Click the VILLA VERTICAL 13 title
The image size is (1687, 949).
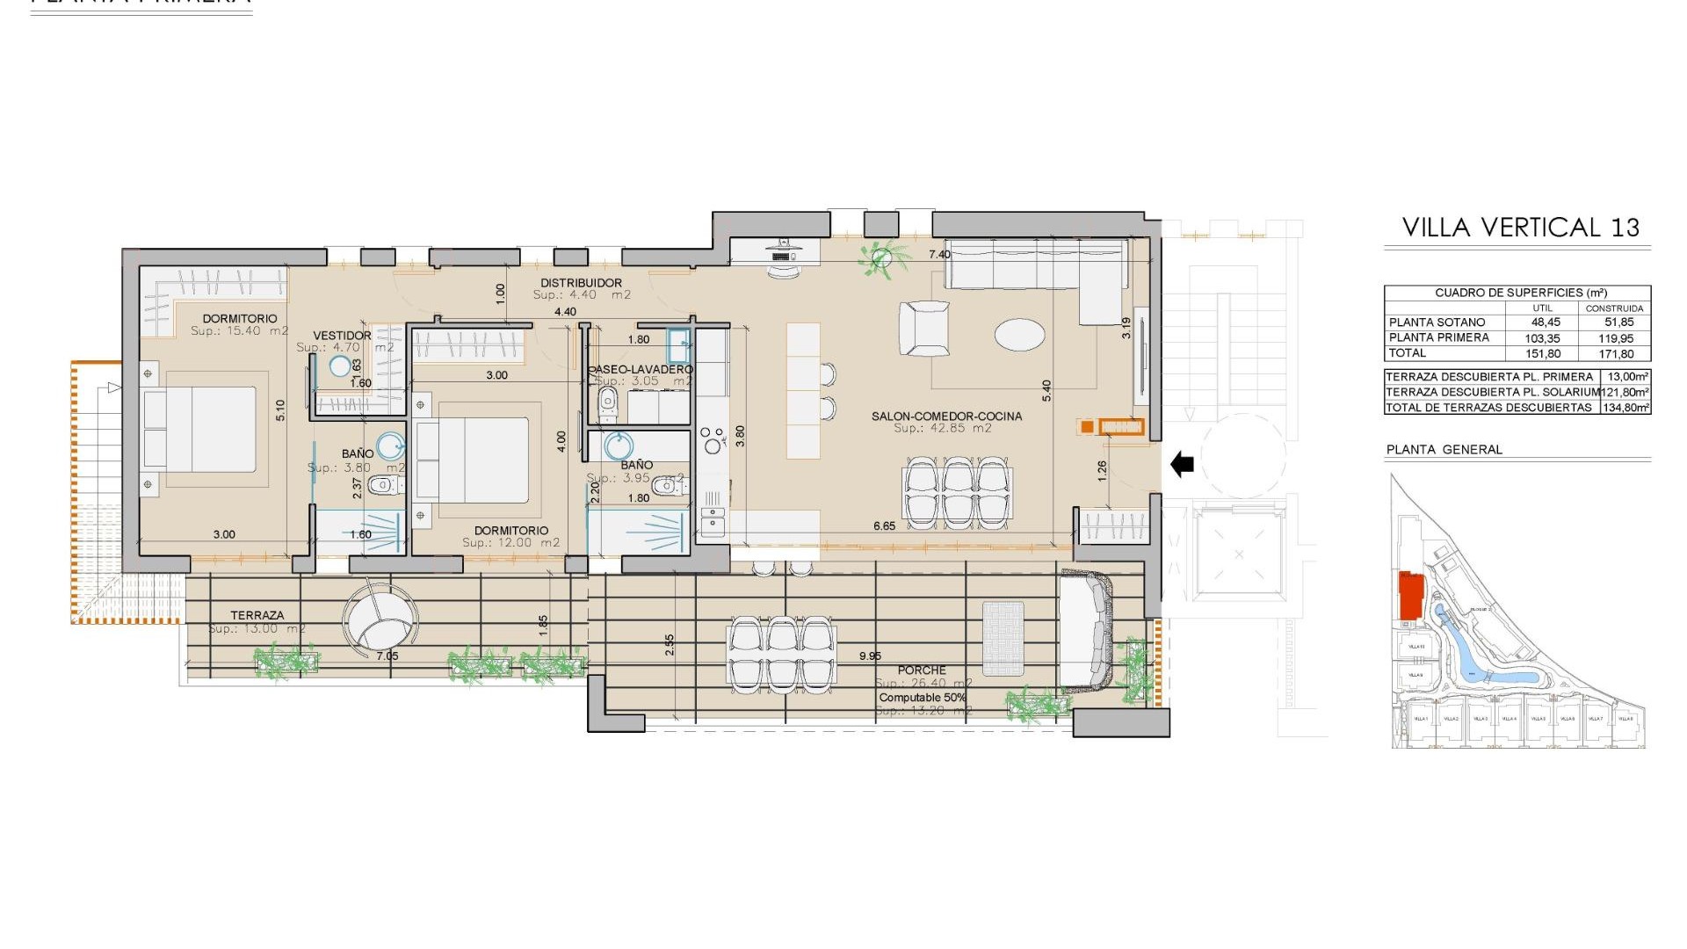pos(1520,228)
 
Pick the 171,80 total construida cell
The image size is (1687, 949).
pos(1615,353)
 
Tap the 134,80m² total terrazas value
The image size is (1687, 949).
pos(1625,408)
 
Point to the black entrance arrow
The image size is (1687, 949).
pos(1183,463)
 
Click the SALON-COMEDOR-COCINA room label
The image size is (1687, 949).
pos(946,417)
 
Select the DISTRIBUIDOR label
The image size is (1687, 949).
pos(581,283)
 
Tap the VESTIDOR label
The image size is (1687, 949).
pos(342,336)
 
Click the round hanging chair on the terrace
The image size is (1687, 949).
pos(380,618)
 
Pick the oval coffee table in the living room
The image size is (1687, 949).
pos(1019,335)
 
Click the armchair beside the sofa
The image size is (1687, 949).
pos(924,328)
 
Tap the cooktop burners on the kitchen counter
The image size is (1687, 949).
pos(712,438)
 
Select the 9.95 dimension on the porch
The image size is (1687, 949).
pos(870,656)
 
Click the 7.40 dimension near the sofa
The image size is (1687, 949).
pos(939,255)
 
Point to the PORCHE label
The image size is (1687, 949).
pos(922,670)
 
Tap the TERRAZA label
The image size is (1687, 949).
pos(257,616)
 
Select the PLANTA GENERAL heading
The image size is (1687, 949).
pos(1444,449)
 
